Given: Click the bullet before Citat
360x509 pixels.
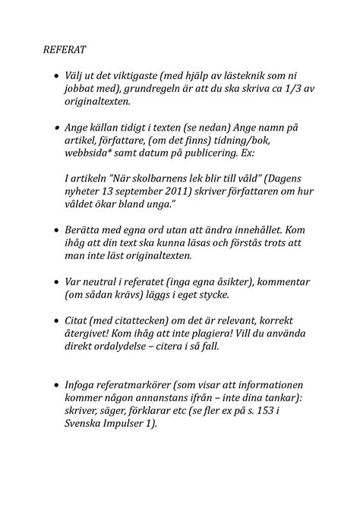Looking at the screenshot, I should point(55,322).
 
